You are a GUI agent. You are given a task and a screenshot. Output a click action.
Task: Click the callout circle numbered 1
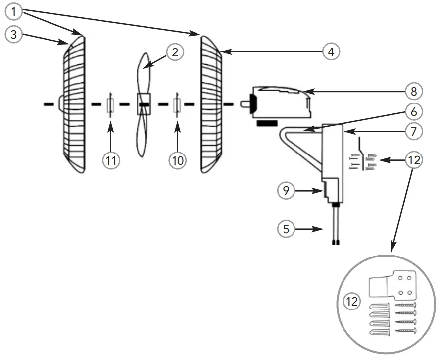[13, 10]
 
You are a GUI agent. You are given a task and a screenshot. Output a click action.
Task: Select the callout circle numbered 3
[13, 34]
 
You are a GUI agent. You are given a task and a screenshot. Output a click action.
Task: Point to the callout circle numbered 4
[331, 51]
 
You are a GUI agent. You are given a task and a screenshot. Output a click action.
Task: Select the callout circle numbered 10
[177, 159]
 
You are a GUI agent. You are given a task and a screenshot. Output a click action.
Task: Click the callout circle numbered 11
[111, 159]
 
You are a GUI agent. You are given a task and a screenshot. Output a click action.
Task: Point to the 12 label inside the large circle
[352, 300]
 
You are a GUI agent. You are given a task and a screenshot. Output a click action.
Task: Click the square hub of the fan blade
[143, 104]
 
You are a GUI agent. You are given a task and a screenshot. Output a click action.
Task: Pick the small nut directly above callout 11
[111, 105]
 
